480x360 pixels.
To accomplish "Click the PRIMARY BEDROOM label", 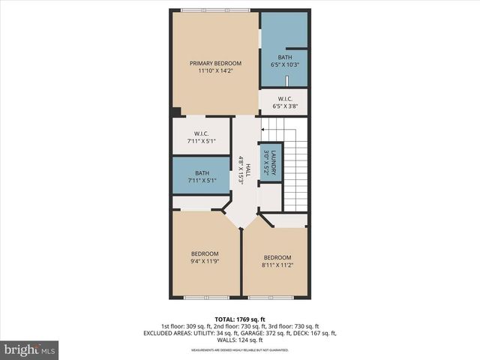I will [x=215, y=63].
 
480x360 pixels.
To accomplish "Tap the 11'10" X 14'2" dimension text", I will [x=215, y=71].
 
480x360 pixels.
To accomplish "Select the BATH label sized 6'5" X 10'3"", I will [x=285, y=57].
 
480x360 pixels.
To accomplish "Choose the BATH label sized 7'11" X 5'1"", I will [x=200, y=172].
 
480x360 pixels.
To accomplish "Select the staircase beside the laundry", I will [x=298, y=161].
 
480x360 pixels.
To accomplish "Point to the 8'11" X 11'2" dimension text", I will [x=277, y=264].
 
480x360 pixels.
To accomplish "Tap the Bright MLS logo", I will [x=30, y=349].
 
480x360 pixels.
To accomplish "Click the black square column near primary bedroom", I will [x=176, y=112].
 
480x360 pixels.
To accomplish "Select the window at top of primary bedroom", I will [x=215, y=10].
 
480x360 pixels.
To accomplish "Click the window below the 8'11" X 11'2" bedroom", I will [x=271, y=298].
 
